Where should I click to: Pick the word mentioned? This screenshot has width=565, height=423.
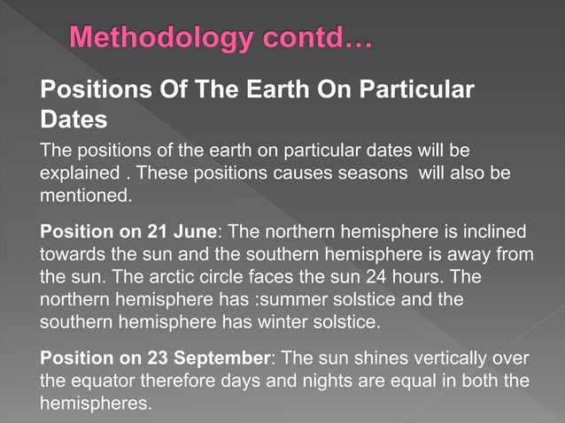(x=85, y=192)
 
